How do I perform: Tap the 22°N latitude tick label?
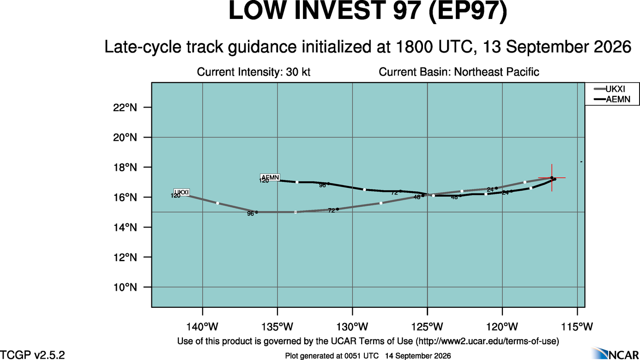click(125, 108)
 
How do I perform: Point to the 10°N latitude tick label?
click(125, 287)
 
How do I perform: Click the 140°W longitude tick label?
click(202, 327)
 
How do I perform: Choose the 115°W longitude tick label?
click(577, 327)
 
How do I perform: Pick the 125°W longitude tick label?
click(428, 327)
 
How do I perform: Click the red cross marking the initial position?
click(552, 178)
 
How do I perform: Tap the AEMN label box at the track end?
click(270, 177)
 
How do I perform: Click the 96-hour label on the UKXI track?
click(250, 214)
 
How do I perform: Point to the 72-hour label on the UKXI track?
click(332, 210)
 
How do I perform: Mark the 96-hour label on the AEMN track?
click(322, 185)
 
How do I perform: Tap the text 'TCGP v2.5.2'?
click(32, 355)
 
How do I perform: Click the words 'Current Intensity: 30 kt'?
click(254, 72)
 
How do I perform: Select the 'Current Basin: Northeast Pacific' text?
click(459, 72)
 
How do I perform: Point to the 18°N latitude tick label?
click(125, 167)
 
